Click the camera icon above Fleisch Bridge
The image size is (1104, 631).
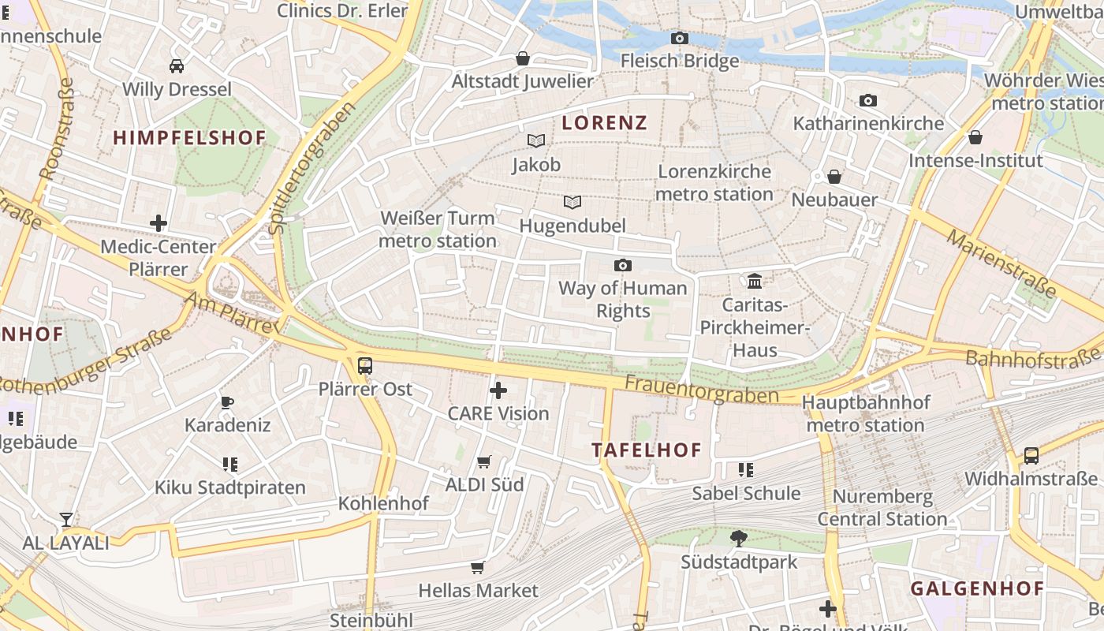pyautogui.click(x=679, y=38)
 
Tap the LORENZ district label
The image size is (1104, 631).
pyautogui.click(x=604, y=122)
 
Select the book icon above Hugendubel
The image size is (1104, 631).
pyautogui.click(x=573, y=203)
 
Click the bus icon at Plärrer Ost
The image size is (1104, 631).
pyautogui.click(x=365, y=366)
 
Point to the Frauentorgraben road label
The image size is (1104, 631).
pyautogui.click(x=702, y=389)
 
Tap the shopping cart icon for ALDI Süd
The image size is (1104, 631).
pyautogui.click(x=484, y=461)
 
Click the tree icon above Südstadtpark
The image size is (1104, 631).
pyautogui.click(x=739, y=539)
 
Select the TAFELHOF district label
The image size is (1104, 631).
pyautogui.click(x=647, y=450)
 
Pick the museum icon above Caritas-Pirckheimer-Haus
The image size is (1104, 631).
pyautogui.click(x=755, y=281)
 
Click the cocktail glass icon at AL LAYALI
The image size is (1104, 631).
pyautogui.click(x=66, y=519)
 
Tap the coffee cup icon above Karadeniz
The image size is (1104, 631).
pyautogui.click(x=227, y=402)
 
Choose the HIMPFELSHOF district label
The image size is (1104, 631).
pyautogui.click(x=189, y=138)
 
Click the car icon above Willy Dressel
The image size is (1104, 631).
pyautogui.click(x=177, y=65)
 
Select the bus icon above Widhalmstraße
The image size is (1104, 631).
pyautogui.click(x=1031, y=455)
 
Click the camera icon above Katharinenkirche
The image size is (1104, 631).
pyautogui.click(x=868, y=100)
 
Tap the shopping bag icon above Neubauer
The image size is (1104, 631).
pyautogui.click(x=834, y=177)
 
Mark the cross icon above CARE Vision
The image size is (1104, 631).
pyautogui.click(x=498, y=390)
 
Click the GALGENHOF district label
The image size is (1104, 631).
pyautogui.click(x=977, y=588)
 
